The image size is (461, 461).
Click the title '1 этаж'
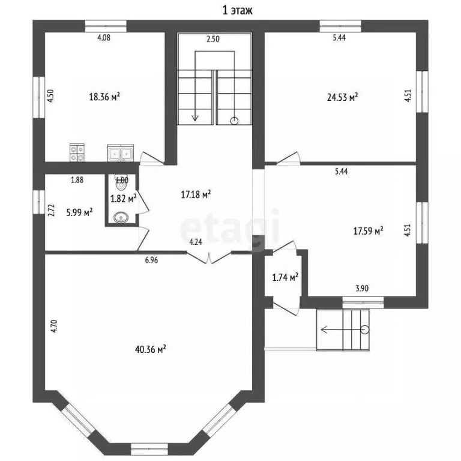coord(237,11)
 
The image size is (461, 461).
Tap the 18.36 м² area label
coord(104,97)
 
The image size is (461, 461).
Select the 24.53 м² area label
coord(342,97)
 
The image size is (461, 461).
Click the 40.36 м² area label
coord(150,349)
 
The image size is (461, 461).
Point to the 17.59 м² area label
coord(368,230)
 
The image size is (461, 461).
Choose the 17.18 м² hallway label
coord(196,194)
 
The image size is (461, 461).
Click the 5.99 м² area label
coord(79,212)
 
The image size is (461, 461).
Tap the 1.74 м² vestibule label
coord(285,277)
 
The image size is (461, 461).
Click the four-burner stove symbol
coord(77,152)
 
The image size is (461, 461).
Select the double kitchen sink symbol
coord(120,153)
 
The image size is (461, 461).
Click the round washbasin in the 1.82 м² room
coord(121,217)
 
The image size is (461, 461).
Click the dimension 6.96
coord(151,260)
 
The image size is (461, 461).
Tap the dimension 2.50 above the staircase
coord(213,39)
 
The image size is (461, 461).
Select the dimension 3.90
coord(362,288)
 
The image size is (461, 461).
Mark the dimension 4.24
coord(196,243)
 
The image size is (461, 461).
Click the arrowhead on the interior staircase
coord(195,118)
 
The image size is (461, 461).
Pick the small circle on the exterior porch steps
coord(365,330)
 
